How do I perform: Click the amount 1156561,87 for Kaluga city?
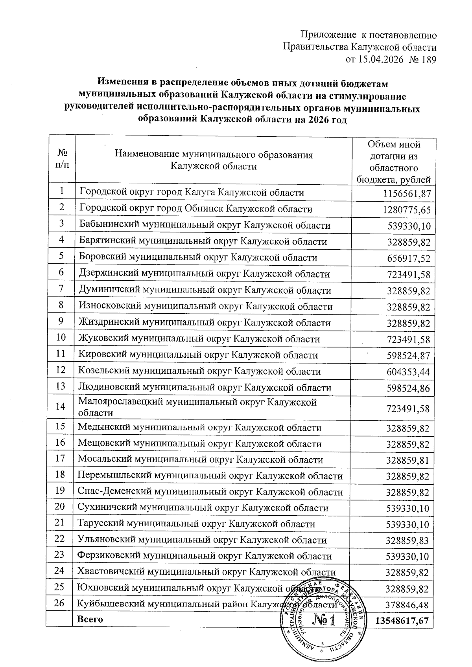407,193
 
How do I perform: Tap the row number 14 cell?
61,406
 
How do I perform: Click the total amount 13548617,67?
401,621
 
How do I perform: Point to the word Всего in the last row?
90,619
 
